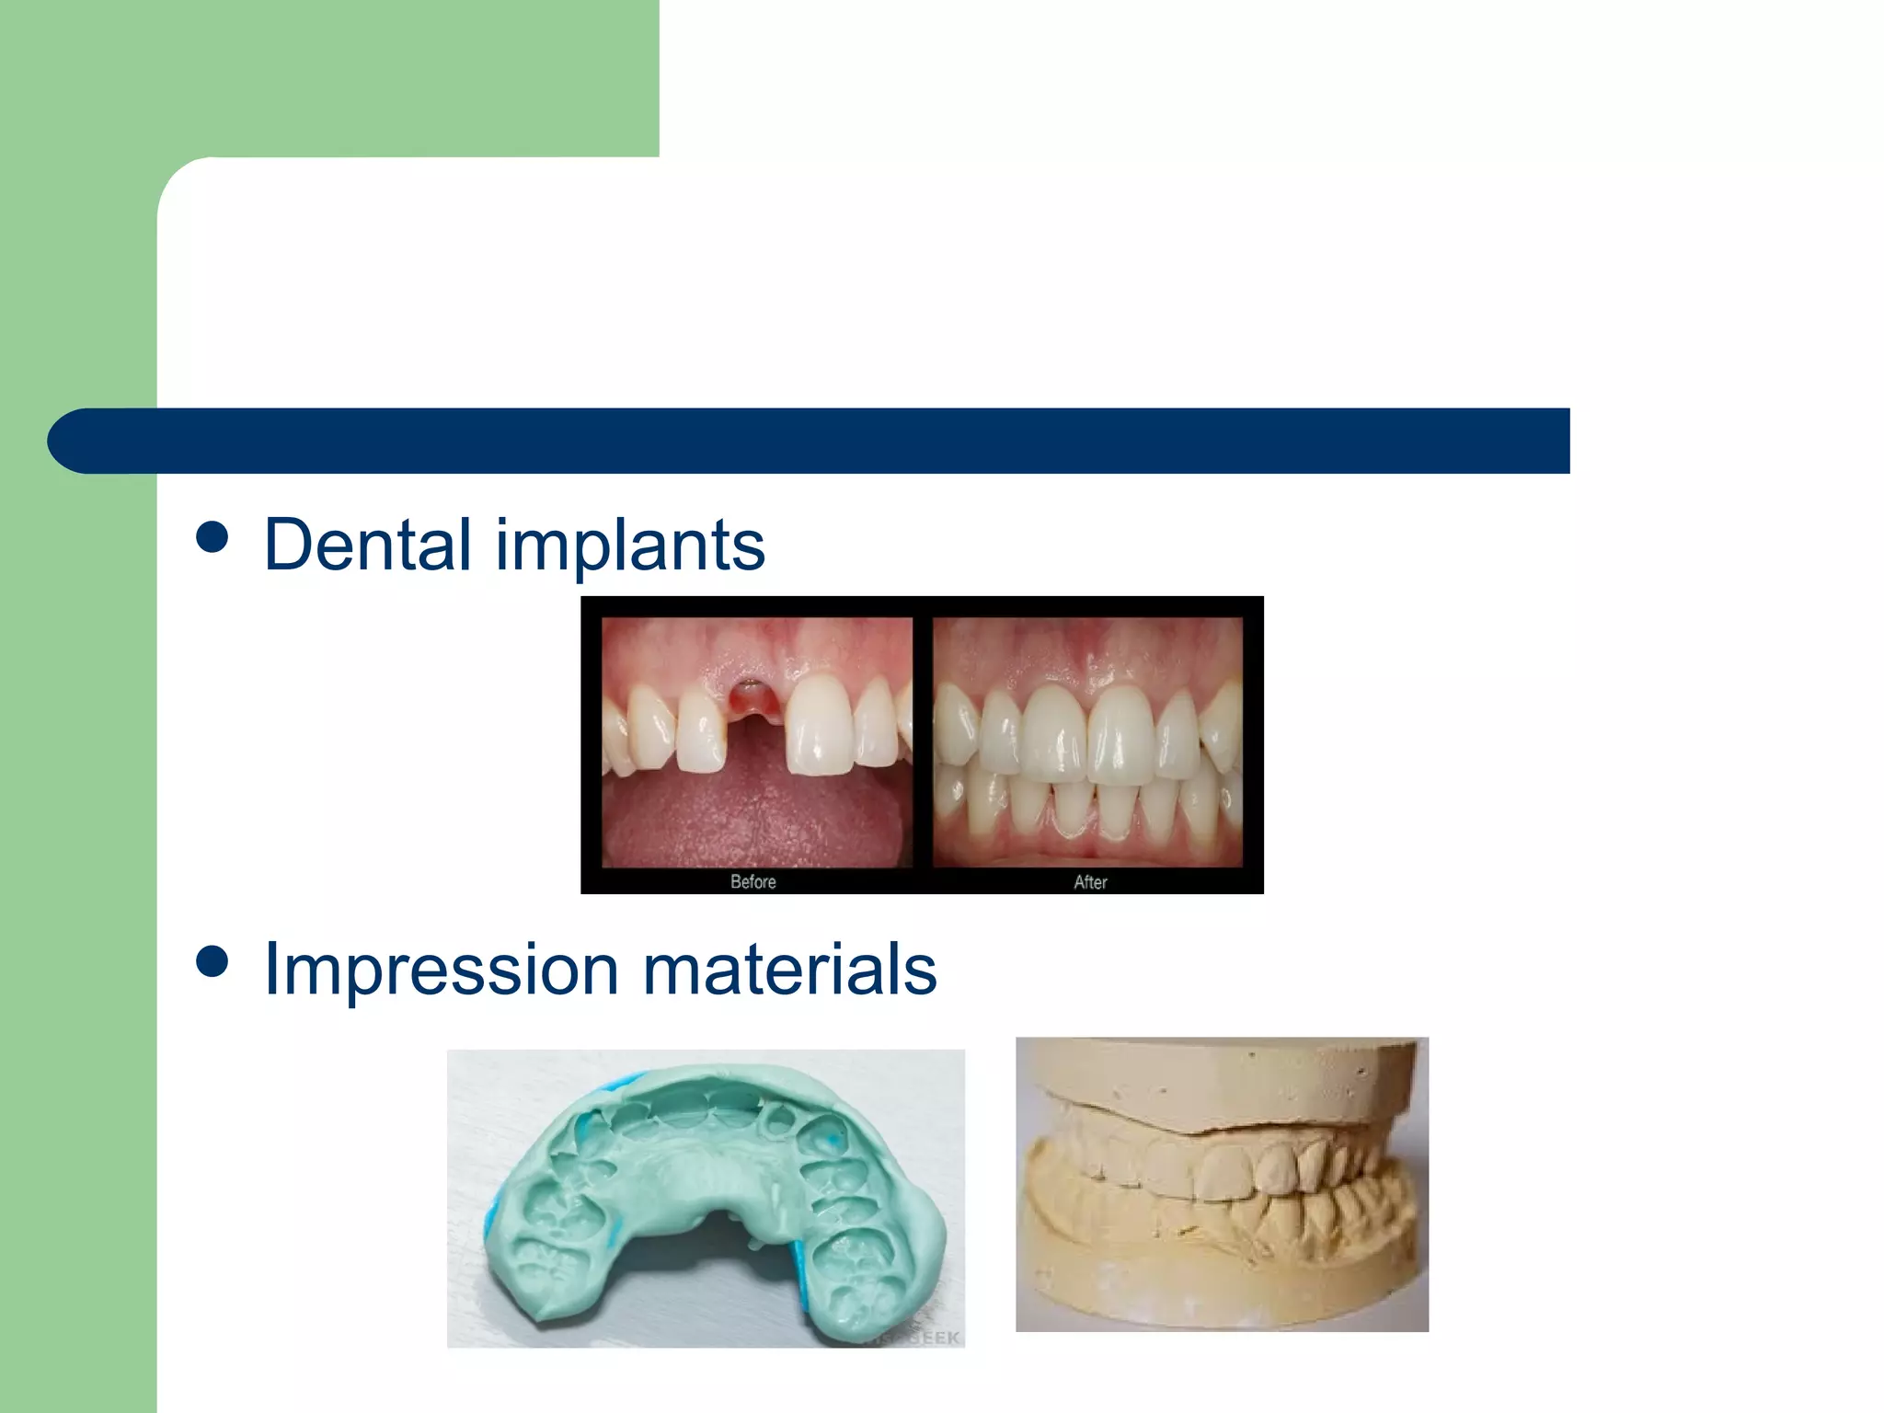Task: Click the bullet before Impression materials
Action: [213, 961]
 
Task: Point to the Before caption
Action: [752, 881]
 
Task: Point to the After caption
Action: [1090, 881]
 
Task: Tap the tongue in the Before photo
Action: [754, 810]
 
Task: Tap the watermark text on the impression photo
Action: [920, 1337]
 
